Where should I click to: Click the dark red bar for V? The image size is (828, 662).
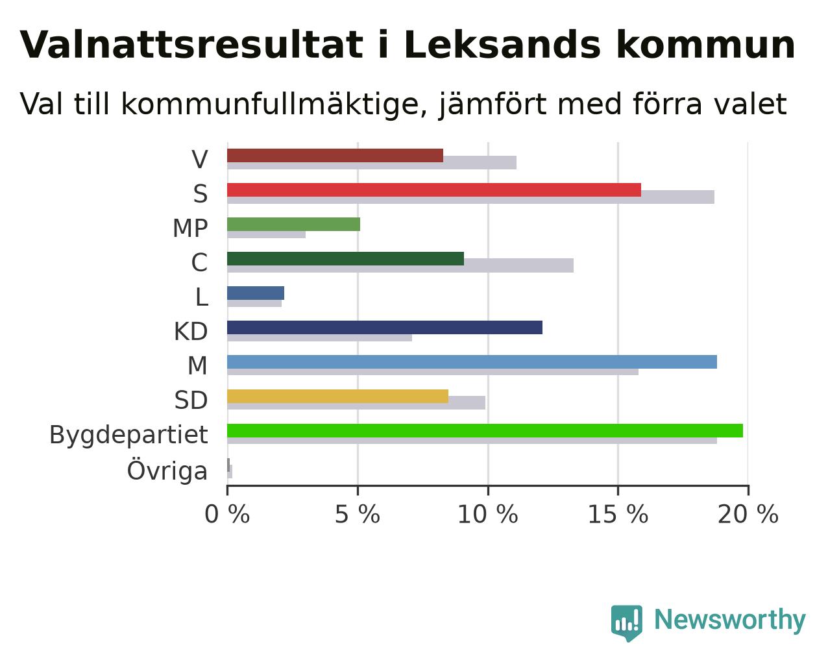[335, 156]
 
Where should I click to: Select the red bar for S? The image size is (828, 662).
[434, 190]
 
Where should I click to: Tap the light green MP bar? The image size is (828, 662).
[293, 225]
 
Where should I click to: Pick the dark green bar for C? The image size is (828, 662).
[345, 259]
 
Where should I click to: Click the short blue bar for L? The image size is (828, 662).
[256, 293]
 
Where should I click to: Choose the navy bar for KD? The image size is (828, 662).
[385, 328]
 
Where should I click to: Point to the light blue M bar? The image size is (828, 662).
[472, 362]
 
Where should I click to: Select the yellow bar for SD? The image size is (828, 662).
[338, 397]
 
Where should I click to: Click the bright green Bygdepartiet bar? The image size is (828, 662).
[485, 431]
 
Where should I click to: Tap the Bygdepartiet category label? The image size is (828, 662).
[128, 435]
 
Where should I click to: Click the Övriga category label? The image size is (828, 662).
[167, 471]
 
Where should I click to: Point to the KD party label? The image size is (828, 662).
[191, 332]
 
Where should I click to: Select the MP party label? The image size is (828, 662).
[191, 228]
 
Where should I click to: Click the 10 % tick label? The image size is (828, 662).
[487, 514]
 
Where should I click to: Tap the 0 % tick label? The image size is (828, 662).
[227, 514]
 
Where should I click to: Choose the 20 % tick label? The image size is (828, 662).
[748, 514]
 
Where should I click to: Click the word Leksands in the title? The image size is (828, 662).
[502, 45]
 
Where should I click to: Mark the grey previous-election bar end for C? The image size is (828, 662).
[573, 265]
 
